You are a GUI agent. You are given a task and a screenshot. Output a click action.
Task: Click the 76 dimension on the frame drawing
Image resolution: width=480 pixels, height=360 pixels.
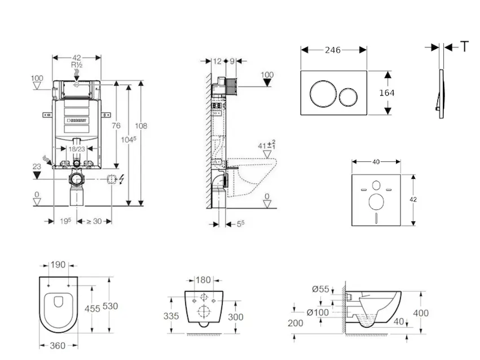[116, 125]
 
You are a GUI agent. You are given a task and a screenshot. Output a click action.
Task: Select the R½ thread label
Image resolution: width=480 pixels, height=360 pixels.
[77, 65]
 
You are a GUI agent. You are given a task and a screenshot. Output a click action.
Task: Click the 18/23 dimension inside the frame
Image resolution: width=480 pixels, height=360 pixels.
[76, 148]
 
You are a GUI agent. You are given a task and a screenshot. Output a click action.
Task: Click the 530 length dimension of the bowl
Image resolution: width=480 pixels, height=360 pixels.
[110, 306]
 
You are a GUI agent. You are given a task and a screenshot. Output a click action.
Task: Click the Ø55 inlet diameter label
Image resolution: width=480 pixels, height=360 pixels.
[322, 290]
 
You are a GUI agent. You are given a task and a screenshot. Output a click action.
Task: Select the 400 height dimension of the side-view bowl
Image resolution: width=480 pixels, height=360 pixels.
[422, 313]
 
